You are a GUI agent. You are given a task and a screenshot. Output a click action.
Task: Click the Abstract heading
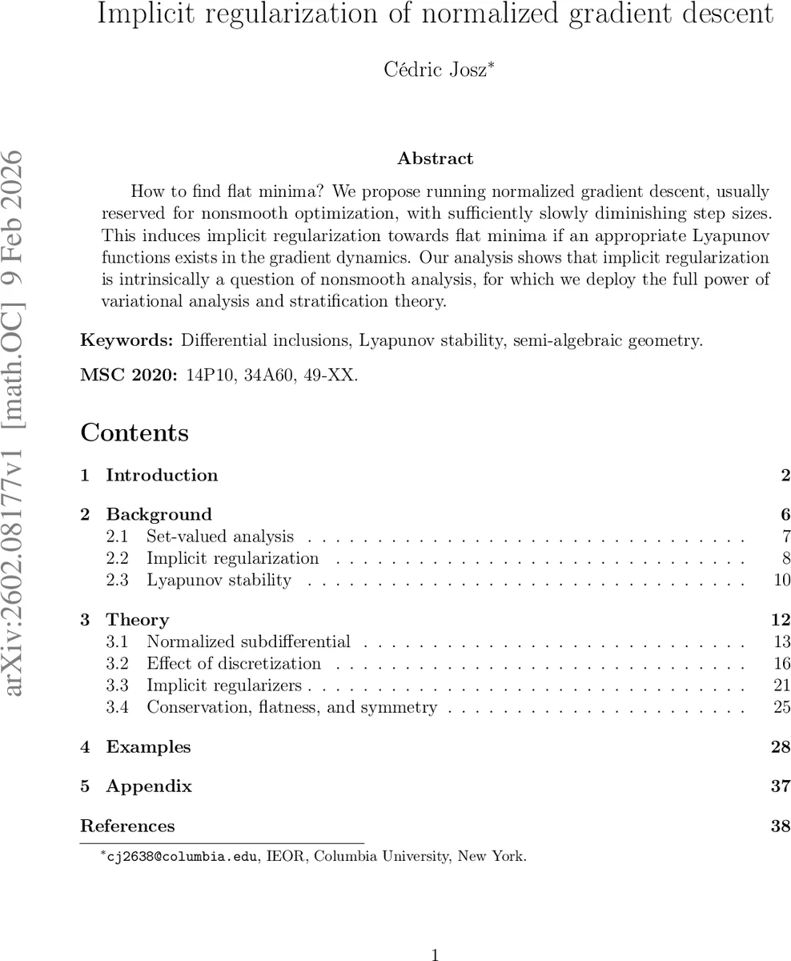click(x=435, y=159)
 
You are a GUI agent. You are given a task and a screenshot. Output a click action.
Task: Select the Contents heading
click(x=135, y=433)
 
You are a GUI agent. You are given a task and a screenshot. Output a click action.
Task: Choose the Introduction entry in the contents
click(x=162, y=476)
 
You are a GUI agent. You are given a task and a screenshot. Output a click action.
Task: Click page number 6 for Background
click(x=785, y=515)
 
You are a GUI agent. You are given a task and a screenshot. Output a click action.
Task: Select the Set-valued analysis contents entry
click(x=220, y=537)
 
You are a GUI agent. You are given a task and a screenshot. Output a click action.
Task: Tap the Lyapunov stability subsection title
click(x=219, y=580)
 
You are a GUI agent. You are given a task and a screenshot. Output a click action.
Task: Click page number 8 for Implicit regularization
click(x=786, y=558)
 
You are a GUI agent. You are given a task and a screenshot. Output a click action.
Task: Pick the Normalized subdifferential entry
click(x=248, y=641)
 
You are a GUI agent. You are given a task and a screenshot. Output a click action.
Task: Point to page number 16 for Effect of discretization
click(x=782, y=664)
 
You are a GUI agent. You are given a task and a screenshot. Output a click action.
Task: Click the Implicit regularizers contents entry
click(x=224, y=686)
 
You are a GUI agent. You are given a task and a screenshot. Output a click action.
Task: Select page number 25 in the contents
click(x=782, y=707)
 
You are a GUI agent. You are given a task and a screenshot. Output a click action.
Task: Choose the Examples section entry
click(x=148, y=747)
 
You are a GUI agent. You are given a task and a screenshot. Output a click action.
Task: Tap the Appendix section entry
click(x=149, y=786)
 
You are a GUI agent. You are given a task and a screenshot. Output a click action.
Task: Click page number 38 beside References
click(x=781, y=826)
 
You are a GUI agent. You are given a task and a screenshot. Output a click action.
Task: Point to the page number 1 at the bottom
click(x=436, y=954)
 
